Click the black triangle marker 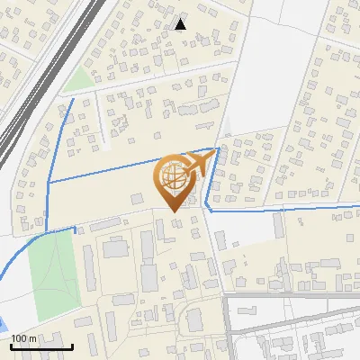tap(182, 24)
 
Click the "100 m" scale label tap(23, 337)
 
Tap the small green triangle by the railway tap(79, 79)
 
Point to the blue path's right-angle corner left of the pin tap(48, 181)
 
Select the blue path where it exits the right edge tap(357, 207)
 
